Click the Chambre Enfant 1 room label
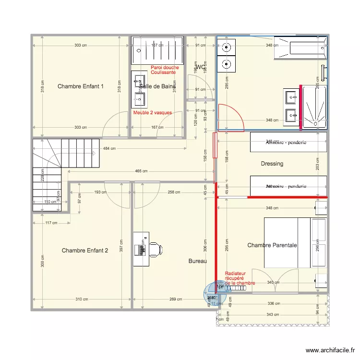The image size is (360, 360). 81,86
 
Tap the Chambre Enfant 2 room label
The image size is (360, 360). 85,251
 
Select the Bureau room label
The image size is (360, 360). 197,261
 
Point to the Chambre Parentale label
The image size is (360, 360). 272,245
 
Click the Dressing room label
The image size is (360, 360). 272,164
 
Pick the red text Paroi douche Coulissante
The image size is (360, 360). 165,70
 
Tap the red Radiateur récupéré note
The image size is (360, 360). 240,278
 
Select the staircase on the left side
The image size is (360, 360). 48,173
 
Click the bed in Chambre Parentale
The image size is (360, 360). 287,242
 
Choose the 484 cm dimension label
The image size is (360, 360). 109,148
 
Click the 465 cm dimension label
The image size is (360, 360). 141,171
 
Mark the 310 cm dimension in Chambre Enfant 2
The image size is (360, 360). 82,300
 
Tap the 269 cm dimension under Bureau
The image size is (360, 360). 176,300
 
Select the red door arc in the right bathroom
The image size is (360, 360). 232,118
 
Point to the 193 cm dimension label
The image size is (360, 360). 100,192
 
